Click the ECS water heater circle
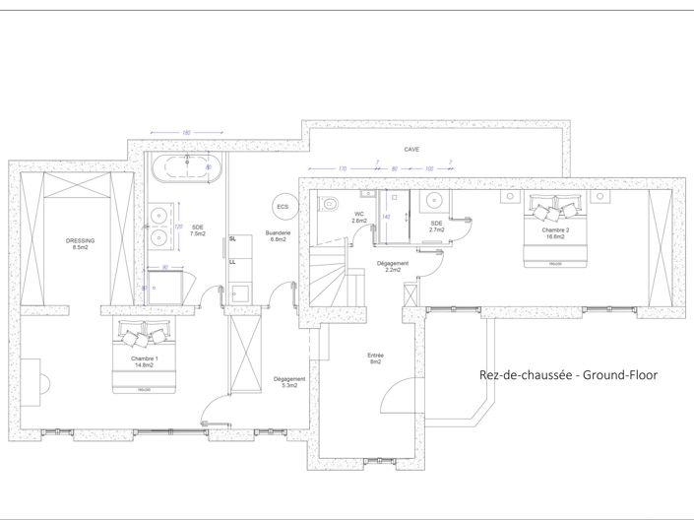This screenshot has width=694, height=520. point(284,207)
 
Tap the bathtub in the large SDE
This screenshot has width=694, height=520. point(185,167)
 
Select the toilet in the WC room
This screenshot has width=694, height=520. point(332,204)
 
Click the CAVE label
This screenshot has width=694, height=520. point(411,150)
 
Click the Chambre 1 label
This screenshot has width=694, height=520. point(145,361)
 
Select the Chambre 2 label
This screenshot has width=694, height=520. point(555,231)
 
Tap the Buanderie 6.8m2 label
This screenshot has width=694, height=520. point(277,236)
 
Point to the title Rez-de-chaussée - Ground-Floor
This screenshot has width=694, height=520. point(567,374)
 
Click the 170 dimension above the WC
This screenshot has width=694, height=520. point(342,168)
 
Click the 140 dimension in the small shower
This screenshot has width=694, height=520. point(386,217)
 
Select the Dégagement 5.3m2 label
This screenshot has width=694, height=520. point(289,382)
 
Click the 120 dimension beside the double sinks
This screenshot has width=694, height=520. point(178,227)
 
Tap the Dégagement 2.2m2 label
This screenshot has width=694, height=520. point(392,266)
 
